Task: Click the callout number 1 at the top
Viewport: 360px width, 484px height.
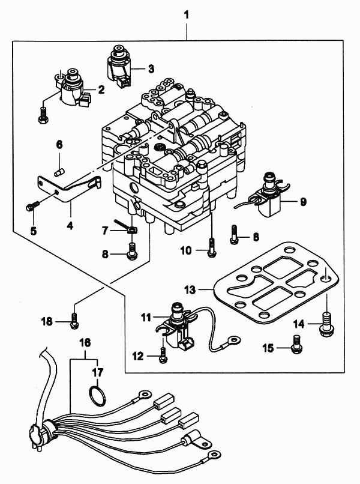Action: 187,15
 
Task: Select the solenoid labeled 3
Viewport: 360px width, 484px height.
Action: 118,67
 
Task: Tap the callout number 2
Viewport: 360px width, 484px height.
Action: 101,90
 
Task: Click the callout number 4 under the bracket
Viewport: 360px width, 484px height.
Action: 70,226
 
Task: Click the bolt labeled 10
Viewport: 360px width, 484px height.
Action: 211,247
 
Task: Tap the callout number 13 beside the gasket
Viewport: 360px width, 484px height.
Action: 190,290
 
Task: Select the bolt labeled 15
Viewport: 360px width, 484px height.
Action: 297,344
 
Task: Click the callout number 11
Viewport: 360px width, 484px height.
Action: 146,317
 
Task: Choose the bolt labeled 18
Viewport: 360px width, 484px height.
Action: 74,321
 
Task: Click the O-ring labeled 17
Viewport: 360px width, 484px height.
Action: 97,396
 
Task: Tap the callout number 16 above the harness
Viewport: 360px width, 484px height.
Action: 85,342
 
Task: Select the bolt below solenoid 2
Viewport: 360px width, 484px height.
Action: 43,115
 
